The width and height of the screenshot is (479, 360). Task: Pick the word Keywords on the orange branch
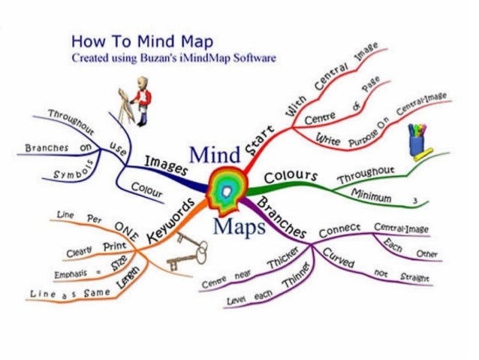click(x=170, y=219)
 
